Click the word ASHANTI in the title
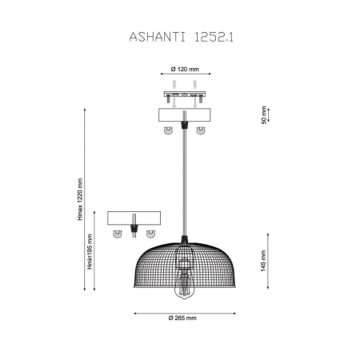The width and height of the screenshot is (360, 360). pos(157,38)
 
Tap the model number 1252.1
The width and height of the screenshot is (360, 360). pos(213,38)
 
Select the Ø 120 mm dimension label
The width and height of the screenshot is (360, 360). pos(185,70)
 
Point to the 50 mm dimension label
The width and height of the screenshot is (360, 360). pos(264,115)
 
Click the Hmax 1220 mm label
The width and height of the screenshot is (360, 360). pos(80,199)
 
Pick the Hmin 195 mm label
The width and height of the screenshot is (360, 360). pos(90,252)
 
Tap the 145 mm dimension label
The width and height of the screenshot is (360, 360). pos(263,261)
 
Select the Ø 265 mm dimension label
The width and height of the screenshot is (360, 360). pos(182,318)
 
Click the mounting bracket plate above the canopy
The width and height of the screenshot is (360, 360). pos(185,94)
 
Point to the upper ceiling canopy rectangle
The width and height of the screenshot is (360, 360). pos(185,115)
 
